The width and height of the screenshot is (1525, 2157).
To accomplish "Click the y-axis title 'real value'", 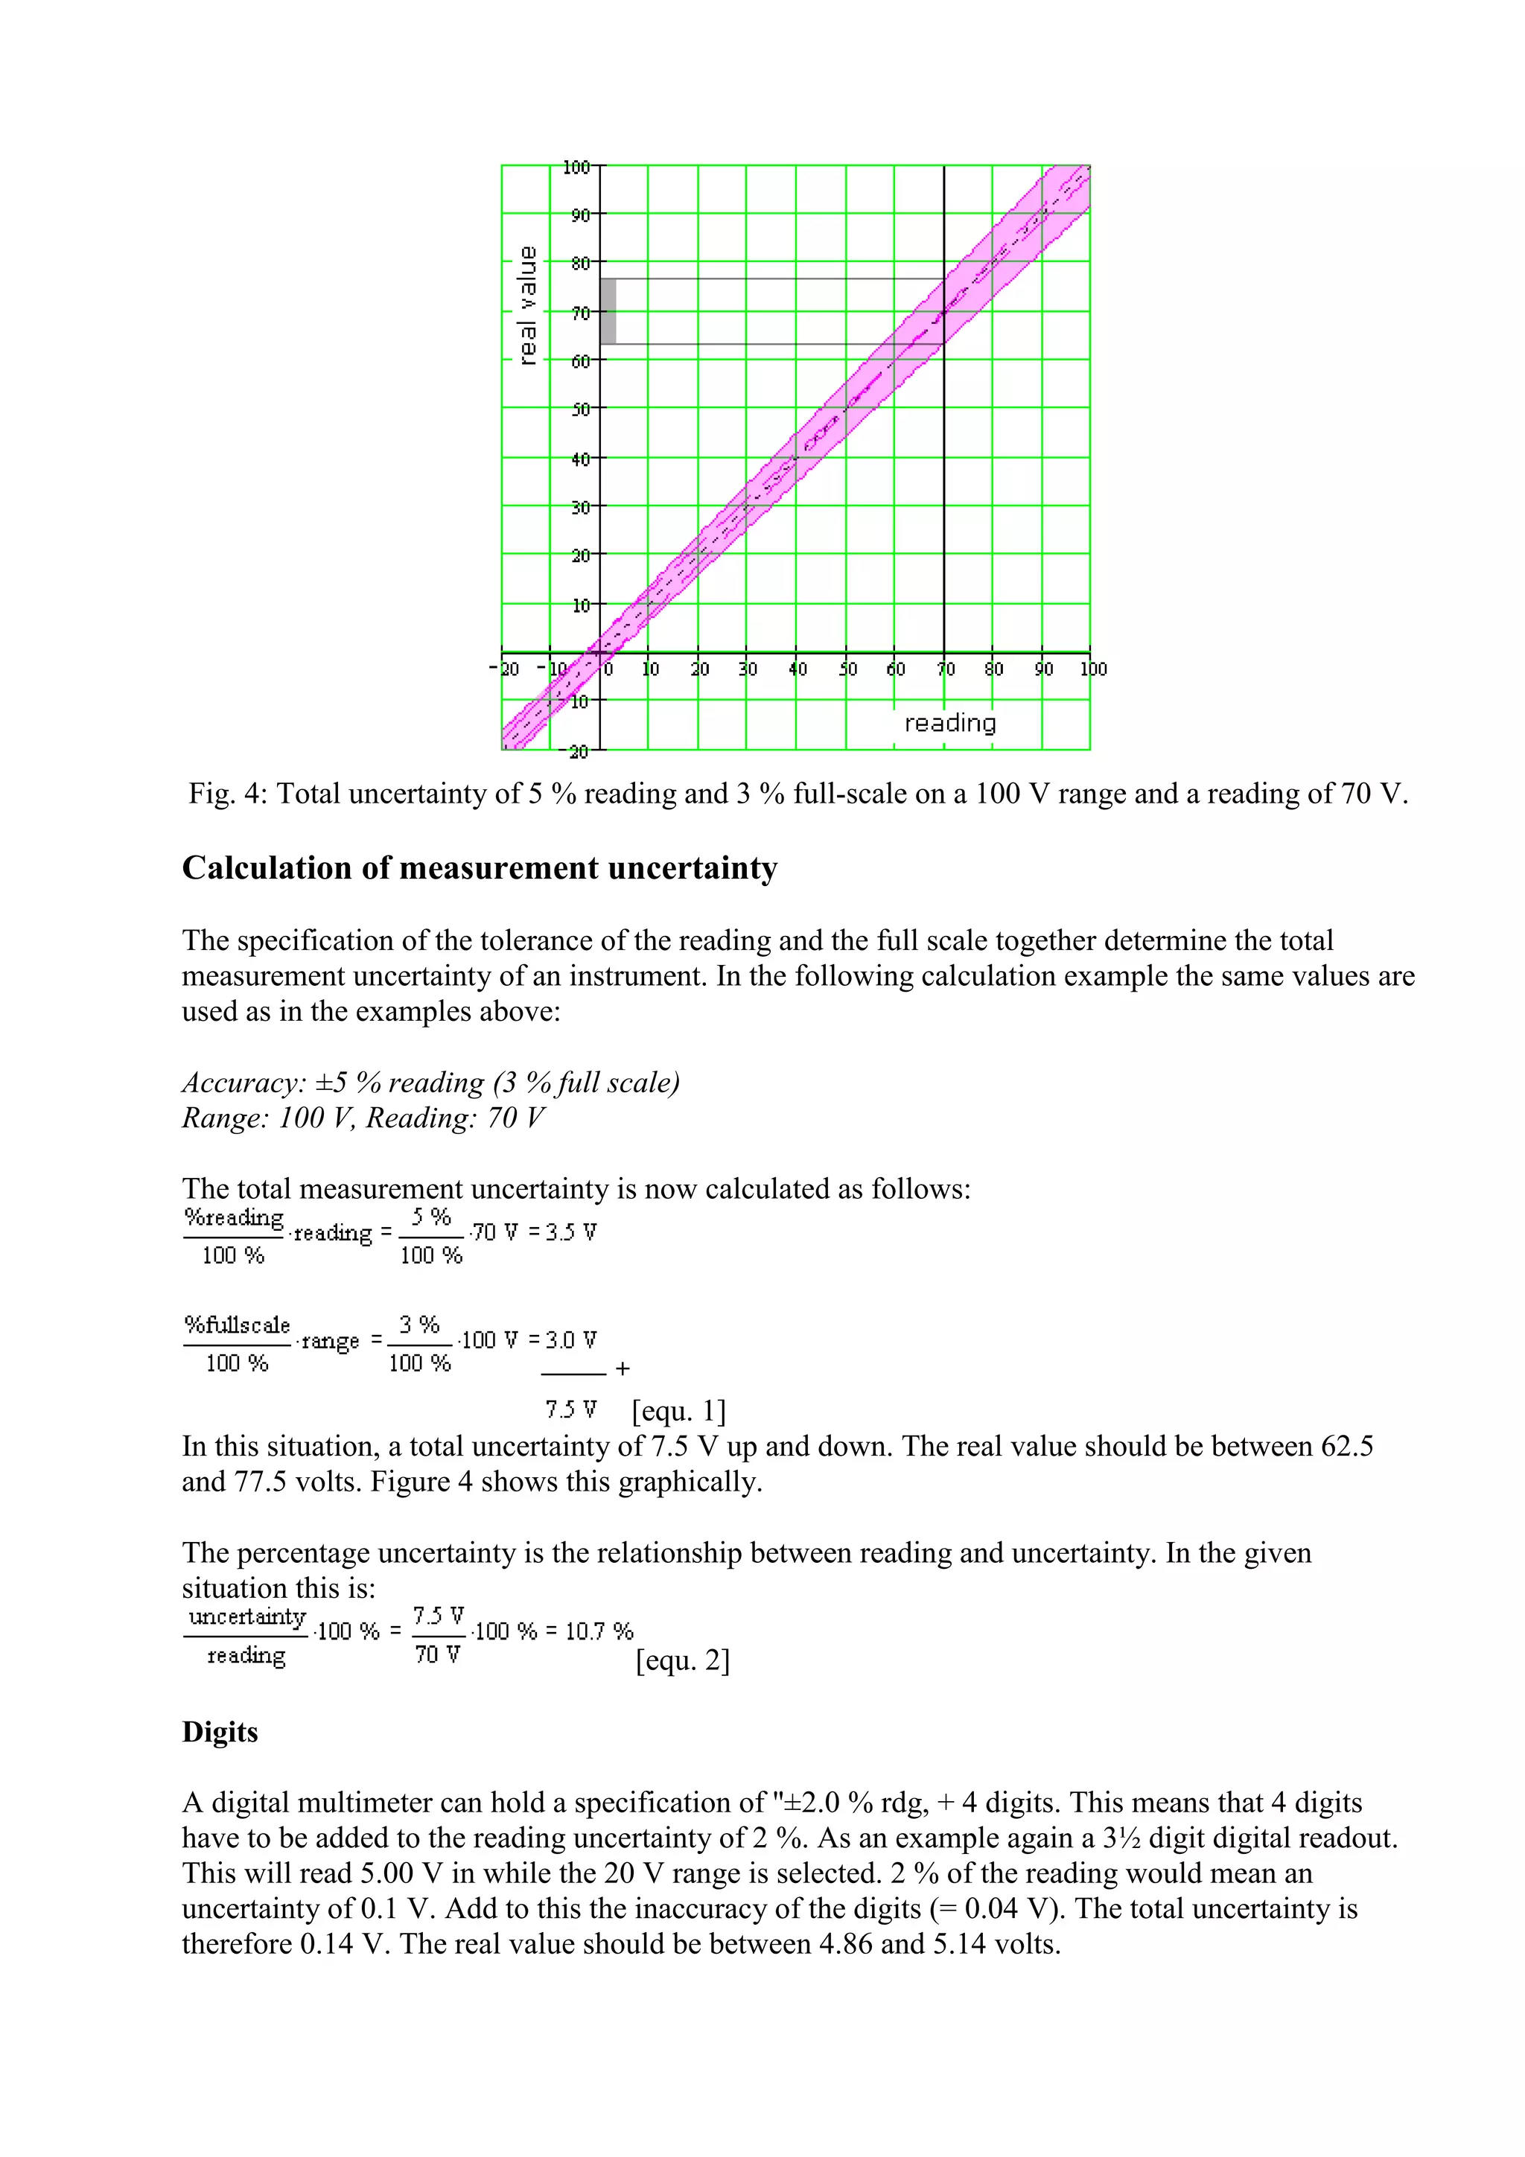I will click(x=528, y=305).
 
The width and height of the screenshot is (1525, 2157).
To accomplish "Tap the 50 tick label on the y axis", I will click(x=580, y=410).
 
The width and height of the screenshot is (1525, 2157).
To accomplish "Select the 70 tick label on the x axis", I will click(x=945, y=669).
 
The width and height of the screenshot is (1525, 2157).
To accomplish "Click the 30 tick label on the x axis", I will click(x=748, y=669).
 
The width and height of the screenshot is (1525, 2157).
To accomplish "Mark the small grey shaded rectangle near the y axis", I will click(x=608, y=312).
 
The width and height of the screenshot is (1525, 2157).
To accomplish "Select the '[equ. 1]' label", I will click(x=679, y=1410).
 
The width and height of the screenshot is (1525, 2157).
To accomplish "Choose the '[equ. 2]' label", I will click(x=682, y=1660).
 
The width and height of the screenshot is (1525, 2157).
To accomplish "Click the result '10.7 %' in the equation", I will click(x=599, y=1631).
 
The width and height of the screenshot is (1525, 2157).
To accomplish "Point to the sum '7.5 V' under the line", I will click(x=570, y=1409).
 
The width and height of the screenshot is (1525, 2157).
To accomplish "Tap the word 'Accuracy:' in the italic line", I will click(x=244, y=1083).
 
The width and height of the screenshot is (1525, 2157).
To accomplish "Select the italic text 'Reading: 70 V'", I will click(x=455, y=1118).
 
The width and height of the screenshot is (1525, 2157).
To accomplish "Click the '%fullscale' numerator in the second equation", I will click(x=237, y=1325).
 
